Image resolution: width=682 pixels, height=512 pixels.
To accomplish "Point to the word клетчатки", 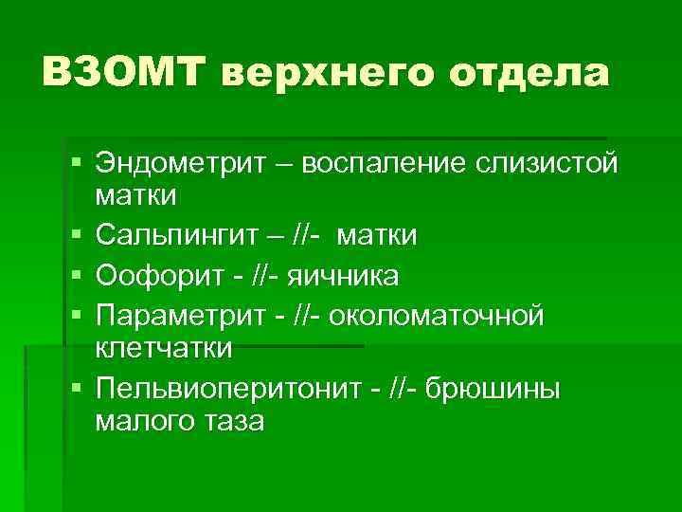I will point(163,349).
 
